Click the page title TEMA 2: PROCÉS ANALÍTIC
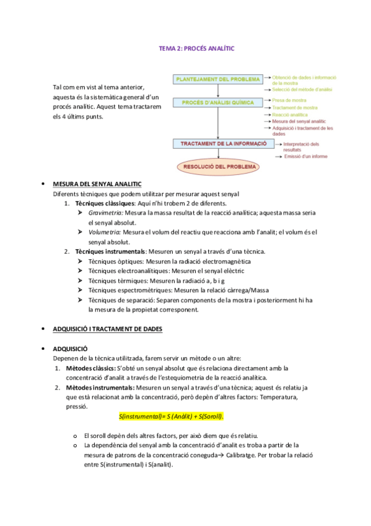pos(197,48)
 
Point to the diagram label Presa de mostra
pos(290,100)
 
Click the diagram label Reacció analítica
pos(290,115)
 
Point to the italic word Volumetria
pos(105,232)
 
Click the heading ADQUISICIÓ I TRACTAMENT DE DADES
pos(107,329)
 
